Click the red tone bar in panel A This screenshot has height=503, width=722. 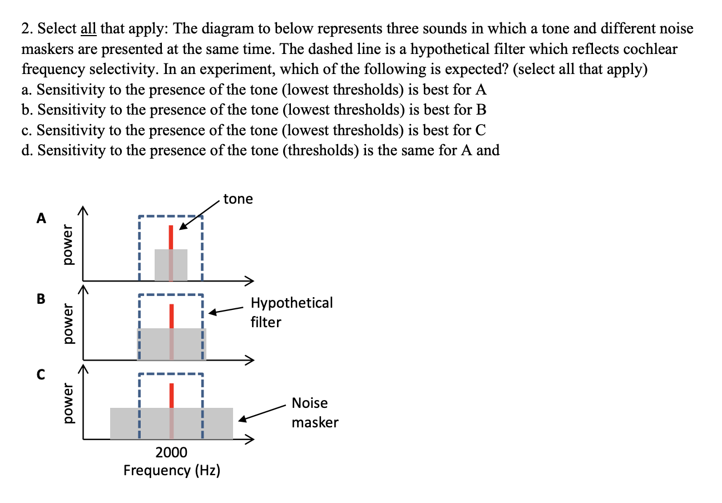point(171,238)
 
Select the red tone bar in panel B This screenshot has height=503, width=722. point(171,316)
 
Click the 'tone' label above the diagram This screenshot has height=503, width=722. point(238,199)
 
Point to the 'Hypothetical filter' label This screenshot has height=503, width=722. point(291,312)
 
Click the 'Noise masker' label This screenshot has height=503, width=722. point(315,412)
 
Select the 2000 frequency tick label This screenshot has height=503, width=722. point(171,451)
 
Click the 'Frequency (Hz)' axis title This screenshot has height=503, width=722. point(171,471)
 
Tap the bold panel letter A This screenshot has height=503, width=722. point(41,218)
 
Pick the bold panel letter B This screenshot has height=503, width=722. point(41,298)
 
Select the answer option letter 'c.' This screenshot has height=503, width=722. point(27,130)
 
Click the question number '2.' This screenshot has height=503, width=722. point(27,29)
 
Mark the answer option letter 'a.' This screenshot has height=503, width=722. point(27,90)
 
